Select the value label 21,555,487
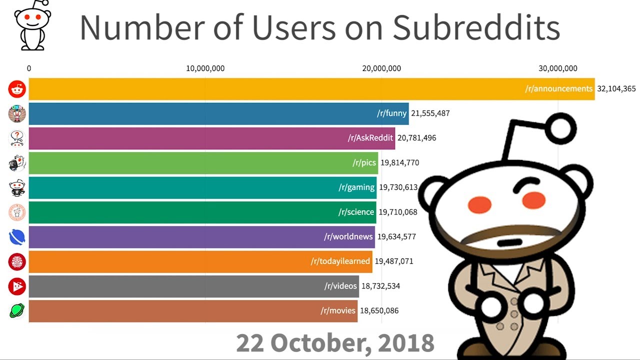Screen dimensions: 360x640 (430, 113)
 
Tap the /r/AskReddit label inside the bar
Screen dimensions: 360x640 (370, 138)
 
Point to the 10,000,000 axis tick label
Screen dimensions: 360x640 (205, 68)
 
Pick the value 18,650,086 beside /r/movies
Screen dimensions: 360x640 (379, 311)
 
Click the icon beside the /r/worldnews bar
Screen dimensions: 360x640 (17, 237)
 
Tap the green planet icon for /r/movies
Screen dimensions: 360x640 (17, 311)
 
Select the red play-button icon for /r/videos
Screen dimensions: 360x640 (17, 286)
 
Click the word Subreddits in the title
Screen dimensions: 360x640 (476, 28)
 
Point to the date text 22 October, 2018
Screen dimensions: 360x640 (335, 343)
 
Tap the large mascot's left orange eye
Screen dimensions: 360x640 (479, 204)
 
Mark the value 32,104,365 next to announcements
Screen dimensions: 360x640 (616, 89)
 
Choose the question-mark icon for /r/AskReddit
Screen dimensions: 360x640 (17, 138)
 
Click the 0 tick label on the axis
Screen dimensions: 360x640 (29, 68)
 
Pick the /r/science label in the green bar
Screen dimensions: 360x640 (356, 212)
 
